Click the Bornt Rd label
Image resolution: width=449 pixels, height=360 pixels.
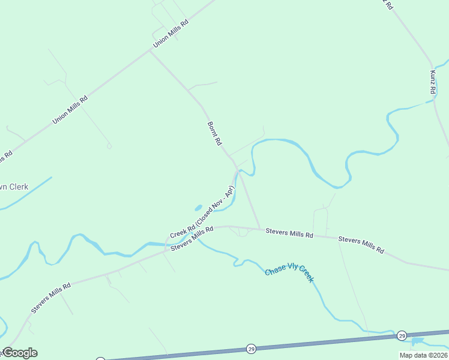[214, 134]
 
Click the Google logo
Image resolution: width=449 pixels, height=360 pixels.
[20, 353]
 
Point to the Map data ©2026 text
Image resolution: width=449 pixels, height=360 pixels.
[423, 355]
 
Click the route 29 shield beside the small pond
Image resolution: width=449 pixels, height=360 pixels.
[402, 335]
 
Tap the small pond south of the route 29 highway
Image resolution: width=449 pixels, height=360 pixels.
[417, 341]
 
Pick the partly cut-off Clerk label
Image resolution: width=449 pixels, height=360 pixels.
[14, 187]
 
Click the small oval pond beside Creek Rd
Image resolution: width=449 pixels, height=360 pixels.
[198, 208]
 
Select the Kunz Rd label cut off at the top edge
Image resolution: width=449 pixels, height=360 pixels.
[388, 5]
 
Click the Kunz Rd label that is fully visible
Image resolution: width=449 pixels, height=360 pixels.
[432, 82]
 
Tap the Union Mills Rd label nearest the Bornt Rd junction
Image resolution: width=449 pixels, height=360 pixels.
[170, 34]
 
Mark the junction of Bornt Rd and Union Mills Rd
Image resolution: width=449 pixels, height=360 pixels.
[149, 51]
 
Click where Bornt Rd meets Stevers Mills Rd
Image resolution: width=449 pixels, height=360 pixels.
[261, 229]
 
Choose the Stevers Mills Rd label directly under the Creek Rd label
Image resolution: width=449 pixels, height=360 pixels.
[192, 239]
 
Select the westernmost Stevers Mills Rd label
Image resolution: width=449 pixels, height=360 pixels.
[51, 298]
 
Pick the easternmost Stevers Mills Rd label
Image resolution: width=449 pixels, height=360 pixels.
[361, 245]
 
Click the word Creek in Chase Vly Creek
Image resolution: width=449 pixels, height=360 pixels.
[306, 277]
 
